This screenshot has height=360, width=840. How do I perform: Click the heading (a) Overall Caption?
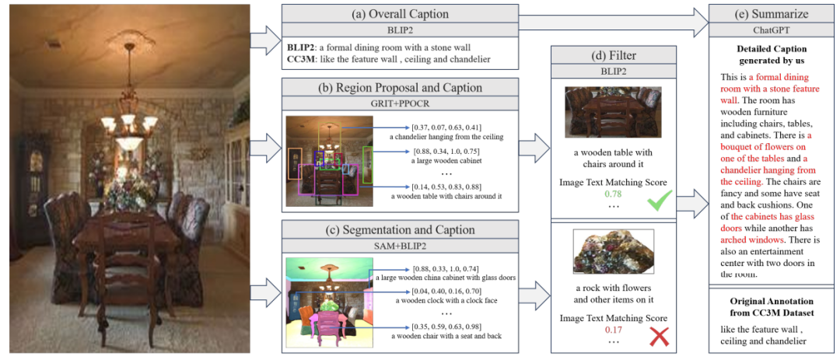[400, 13]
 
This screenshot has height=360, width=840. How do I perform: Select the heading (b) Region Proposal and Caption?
[400, 88]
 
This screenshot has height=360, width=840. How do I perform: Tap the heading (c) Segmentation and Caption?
[400, 230]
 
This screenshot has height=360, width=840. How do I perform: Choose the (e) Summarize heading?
[770, 14]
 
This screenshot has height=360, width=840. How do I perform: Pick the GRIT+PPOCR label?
[400, 103]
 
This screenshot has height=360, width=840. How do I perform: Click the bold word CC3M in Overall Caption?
[302, 59]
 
